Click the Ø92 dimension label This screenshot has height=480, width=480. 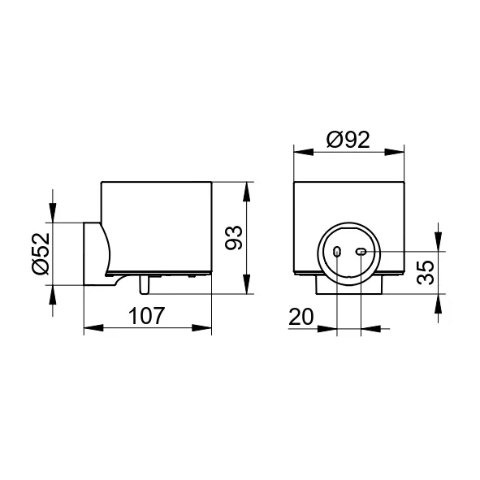pyautogui.click(x=348, y=140)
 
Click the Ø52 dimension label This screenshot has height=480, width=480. pyautogui.click(x=41, y=253)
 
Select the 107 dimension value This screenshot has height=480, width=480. pyautogui.click(x=147, y=316)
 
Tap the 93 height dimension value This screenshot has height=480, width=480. pyautogui.click(x=234, y=238)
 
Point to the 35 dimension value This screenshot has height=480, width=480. pyautogui.click(x=426, y=272)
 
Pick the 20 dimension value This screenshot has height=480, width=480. pyautogui.click(x=301, y=317)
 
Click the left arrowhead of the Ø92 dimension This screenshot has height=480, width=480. pyautogui.click(x=304, y=152)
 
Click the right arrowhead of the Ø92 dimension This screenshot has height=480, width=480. pyautogui.click(x=394, y=152)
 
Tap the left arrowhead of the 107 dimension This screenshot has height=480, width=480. pyautogui.click(x=93, y=328)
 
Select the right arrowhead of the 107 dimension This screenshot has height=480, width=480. pyautogui.click(x=201, y=328)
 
